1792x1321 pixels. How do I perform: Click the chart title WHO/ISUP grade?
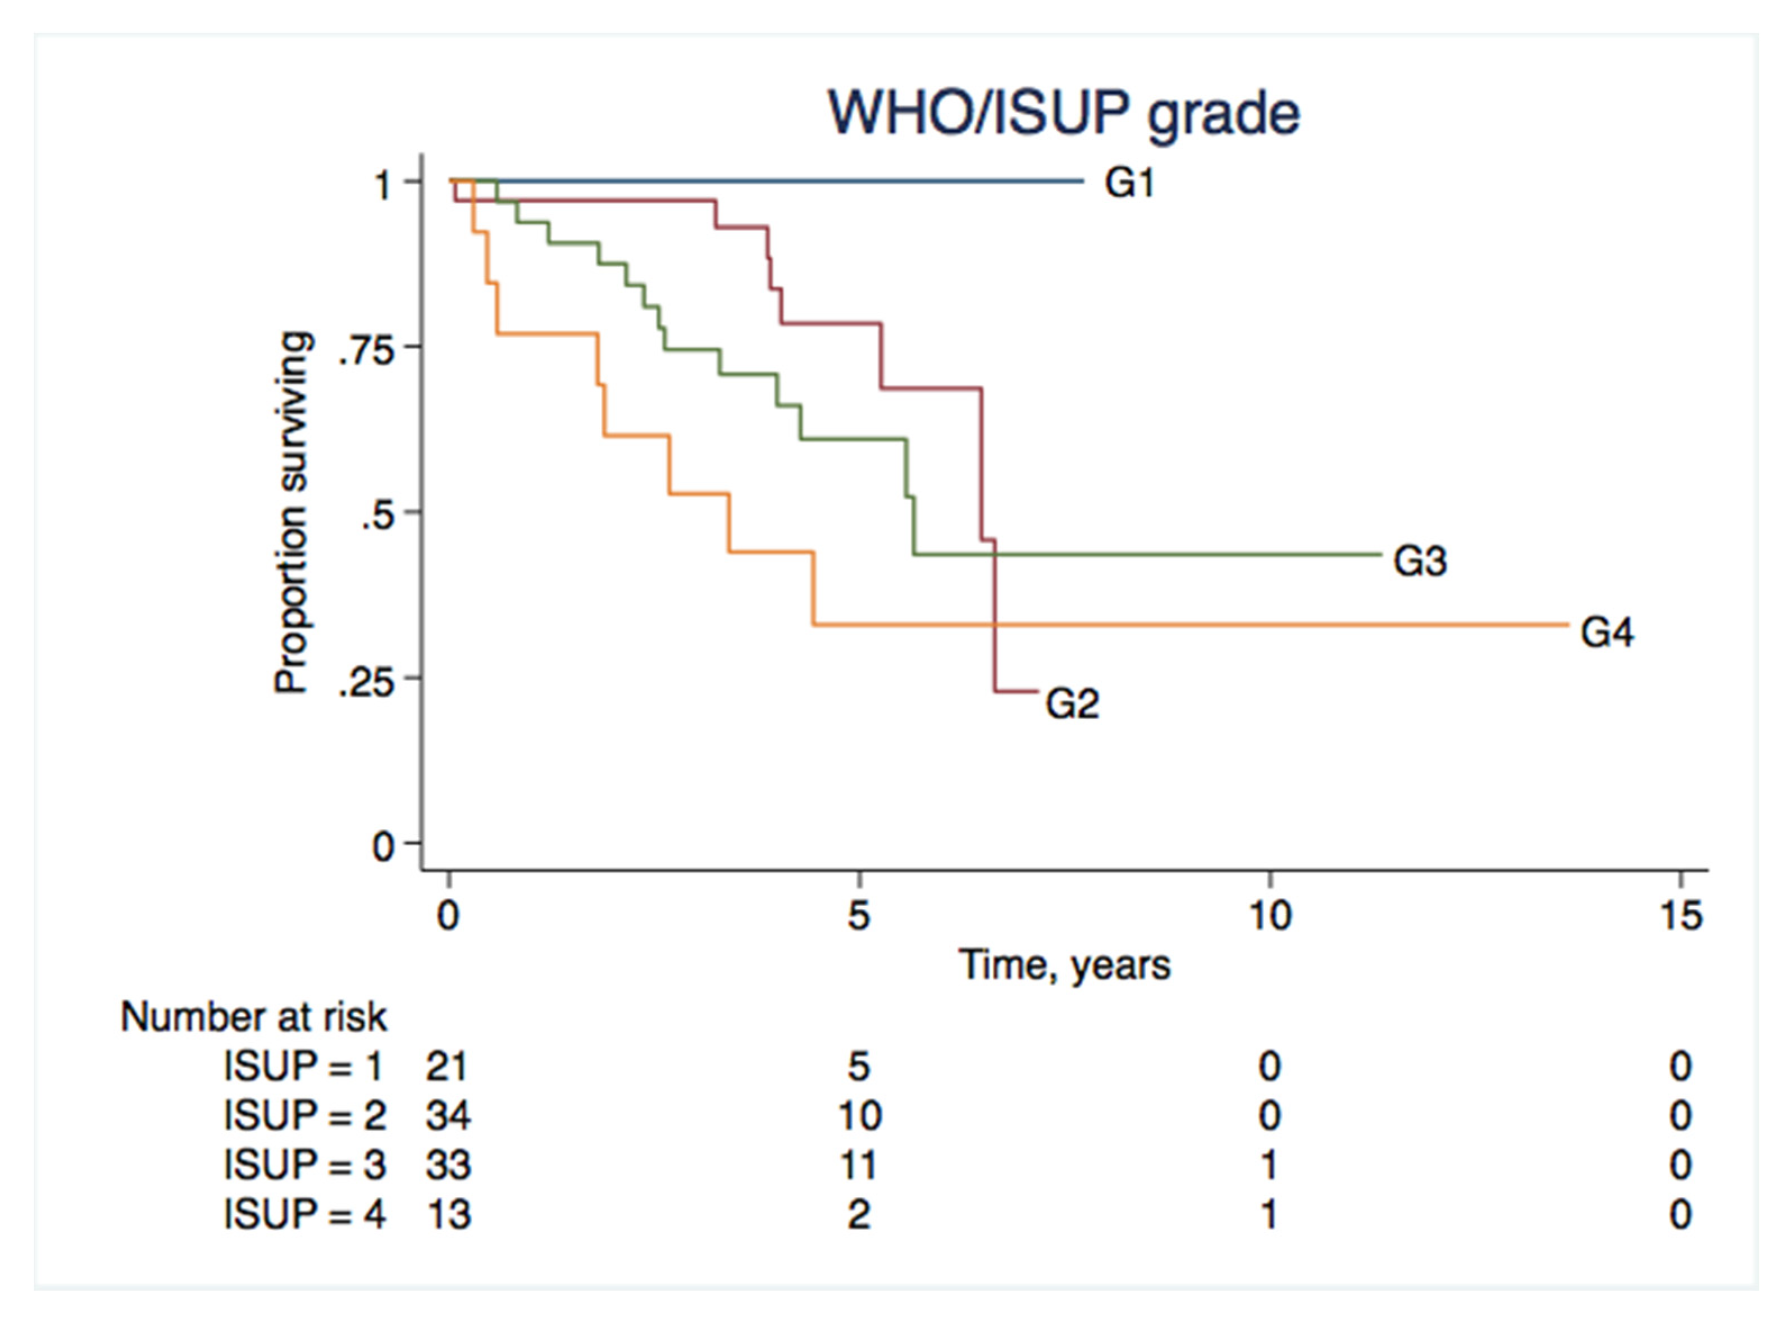coord(1064,115)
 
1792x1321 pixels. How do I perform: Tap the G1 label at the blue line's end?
coord(1129,184)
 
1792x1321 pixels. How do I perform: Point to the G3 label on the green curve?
coord(1420,561)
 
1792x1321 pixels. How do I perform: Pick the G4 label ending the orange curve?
coord(1607,633)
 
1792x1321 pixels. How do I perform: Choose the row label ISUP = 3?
coord(304,1165)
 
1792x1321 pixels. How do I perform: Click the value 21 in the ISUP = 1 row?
coord(446,1066)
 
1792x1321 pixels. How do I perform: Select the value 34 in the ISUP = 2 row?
coord(448,1115)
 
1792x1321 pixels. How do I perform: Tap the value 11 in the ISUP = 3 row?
coord(859,1165)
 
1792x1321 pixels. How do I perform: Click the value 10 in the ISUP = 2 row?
coord(859,1115)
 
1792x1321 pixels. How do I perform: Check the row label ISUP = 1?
coord(304,1066)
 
